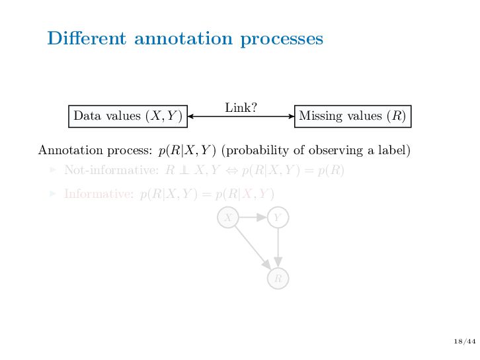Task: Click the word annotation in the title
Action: pos(182,39)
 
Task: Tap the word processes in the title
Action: pos(282,39)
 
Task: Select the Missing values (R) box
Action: pos(352,116)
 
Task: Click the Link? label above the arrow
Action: pos(241,107)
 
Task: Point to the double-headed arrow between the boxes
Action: pos(241,116)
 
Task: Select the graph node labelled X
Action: pos(228,217)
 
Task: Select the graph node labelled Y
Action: pos(278,217)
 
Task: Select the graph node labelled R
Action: pos(278,279)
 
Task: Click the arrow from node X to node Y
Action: pos(253,217)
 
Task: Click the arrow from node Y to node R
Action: pos(278,247)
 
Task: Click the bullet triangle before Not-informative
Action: pos(54,171)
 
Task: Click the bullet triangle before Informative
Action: pos(54,194)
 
